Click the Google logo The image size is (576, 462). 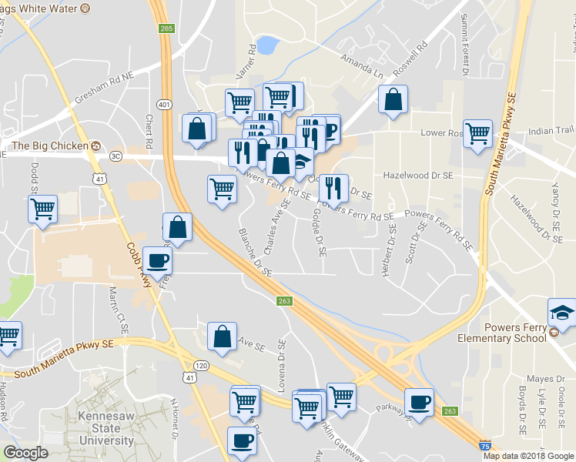tap(25, 453)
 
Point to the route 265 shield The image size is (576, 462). tap(166, 28)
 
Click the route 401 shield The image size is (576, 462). tap(162, 104)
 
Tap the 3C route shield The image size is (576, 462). tap(116, 156)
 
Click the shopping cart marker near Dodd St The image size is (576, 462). tap(42, 208)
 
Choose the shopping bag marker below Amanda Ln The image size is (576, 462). tap(393, 99)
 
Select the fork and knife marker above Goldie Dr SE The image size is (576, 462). tap(333, 188)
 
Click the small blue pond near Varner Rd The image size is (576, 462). tap(267, 46)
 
